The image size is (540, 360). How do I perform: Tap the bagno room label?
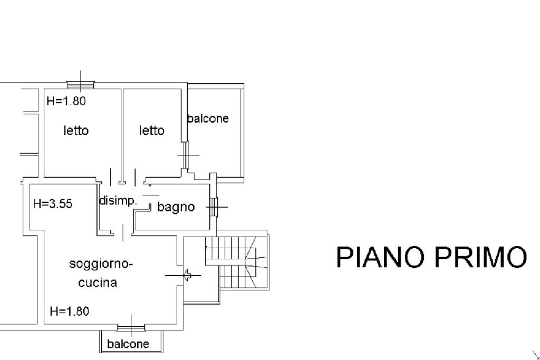point(176,207)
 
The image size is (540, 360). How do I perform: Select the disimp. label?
point(118,200)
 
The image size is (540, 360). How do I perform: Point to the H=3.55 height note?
point(53,203)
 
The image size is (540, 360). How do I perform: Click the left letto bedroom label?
point(76,130)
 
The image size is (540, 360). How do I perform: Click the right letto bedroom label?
point(152,130)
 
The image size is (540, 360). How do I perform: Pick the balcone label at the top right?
point(208,119)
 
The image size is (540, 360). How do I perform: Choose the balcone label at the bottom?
point(128,344)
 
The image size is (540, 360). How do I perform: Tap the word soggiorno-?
point(101,265)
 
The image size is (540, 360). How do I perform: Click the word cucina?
point(98,283)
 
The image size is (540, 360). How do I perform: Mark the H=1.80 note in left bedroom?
point(66,101)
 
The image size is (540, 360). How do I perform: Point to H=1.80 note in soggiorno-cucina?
point(70,311)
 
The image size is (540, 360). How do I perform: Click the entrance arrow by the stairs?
point(183,275)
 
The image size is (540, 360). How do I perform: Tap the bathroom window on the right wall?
point(214,207)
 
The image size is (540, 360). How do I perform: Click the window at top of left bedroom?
point(80,85)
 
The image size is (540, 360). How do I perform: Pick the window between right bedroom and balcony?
point(186,155)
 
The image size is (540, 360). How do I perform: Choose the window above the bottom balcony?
point(131,328)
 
